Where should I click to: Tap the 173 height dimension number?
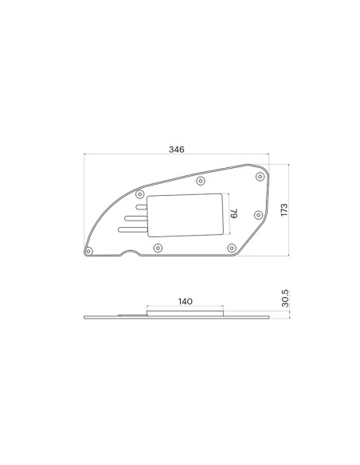283,209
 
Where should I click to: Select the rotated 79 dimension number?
235,213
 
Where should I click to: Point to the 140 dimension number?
185,302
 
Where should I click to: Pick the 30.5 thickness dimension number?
284,300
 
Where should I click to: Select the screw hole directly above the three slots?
141,193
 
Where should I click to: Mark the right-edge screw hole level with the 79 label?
256,214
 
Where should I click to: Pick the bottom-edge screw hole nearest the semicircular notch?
157,248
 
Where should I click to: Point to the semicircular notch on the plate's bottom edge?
127,255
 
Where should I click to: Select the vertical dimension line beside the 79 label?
229,213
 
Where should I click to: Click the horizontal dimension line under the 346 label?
177,155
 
